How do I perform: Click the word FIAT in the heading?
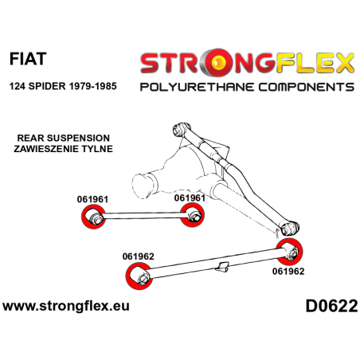click(28, 59)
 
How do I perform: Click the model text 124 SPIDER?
click(37, 86)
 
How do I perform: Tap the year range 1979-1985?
click(92, 86)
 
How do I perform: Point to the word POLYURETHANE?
click(197, 87)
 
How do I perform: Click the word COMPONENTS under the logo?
click(307, 87)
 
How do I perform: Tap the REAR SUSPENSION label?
click(64, 138)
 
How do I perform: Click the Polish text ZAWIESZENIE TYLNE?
click(64, 149)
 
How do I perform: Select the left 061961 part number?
click(92, 199)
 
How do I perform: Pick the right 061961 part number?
click(190, 198)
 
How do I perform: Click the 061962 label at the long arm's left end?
click(139, 256)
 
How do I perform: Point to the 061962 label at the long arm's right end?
click(288, 272)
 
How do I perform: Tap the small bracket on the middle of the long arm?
click(222, 267)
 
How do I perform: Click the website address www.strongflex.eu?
click(66, 306)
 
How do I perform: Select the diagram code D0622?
click(331, 306)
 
